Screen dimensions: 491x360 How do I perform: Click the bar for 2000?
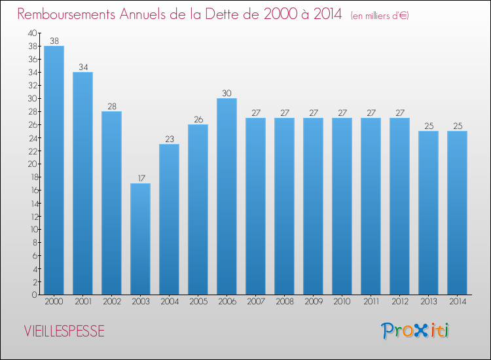click(54, 170)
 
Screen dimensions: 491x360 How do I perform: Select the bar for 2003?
click(140, 239)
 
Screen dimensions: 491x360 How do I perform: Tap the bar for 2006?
click(227, 196)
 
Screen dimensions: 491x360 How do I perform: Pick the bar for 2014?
click(457, 213)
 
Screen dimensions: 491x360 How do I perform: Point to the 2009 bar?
click(313, 206)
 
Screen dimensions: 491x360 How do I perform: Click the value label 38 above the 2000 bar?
click(54, 41)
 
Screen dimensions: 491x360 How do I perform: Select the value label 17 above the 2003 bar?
click(141, 178)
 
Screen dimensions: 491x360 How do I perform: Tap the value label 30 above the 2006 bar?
click(227, 93)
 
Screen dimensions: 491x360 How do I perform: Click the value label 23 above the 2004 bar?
click(170, 139)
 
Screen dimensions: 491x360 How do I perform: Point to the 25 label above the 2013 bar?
click(429, 126)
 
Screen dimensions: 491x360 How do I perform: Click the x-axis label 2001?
click(83, 302)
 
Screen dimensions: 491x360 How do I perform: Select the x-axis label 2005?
click(198, 302)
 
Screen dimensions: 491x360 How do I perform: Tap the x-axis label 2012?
click(400, 302)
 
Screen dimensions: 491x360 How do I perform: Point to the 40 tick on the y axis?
click(32, 33)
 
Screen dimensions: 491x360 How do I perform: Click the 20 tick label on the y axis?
click(32, 164)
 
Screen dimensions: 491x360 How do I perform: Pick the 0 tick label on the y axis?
click(35, 295)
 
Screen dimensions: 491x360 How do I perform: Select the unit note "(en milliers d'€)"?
click(380, 15)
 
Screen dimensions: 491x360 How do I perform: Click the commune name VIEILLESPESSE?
click(64, 331)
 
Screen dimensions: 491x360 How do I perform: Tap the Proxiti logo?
click(415, 331)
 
